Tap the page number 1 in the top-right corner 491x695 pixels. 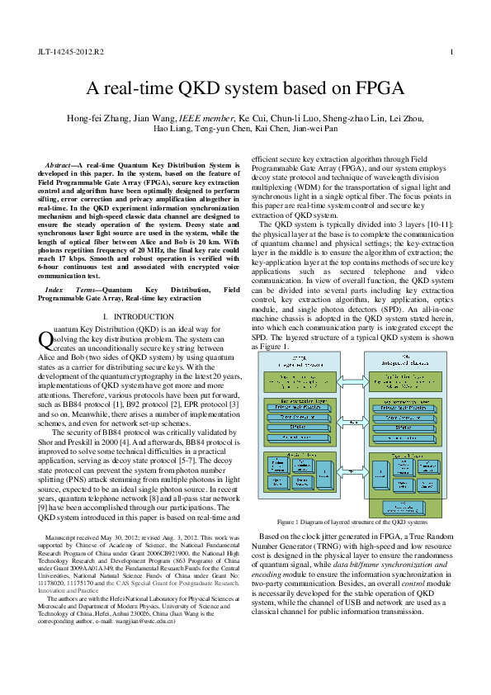tap(451, 52)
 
